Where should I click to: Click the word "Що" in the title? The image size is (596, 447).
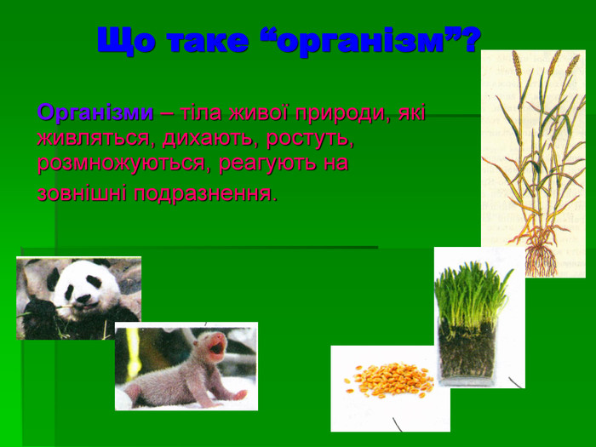[126, 40]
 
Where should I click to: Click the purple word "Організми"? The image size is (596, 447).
[95, 112]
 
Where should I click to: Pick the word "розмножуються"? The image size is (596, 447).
[124, 164]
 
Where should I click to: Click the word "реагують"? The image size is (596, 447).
[268, 164]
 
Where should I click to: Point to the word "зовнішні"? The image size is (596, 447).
[82, 193]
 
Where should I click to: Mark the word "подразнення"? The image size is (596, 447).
[203, 194]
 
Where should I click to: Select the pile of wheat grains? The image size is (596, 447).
[389, 380]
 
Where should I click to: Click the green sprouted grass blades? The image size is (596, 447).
[470, 295]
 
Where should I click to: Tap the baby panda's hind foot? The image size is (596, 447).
[238, 395]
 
